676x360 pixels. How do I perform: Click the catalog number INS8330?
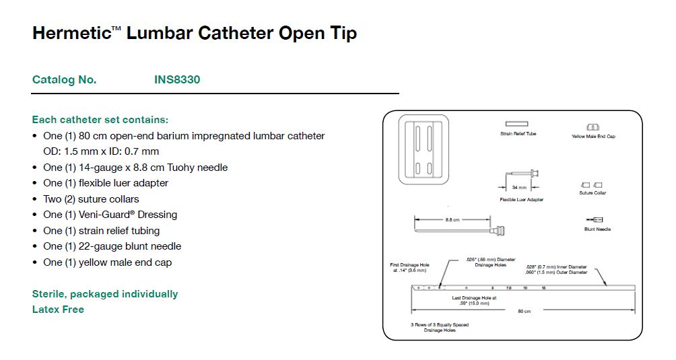tap(177, 79)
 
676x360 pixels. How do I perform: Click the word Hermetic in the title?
tap(70, 33)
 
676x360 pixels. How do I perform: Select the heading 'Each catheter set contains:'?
tap(100, 120)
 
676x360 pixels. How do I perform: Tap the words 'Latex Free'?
tap(58, 310)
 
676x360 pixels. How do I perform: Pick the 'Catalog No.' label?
tap(64, 79)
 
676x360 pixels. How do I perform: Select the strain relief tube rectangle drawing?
tap(517, 124)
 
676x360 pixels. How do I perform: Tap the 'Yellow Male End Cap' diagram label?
tap(593, 137)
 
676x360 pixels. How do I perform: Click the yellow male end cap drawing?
tap(593, 127)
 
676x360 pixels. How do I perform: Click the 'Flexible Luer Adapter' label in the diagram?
tap(521, 200)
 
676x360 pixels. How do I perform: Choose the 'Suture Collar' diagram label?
tap(593, 193)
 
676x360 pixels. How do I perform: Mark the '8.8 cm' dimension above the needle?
tap(452, 219)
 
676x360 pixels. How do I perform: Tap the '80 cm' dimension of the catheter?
tap(524, 311)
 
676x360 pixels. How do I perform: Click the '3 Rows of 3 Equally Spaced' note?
tap(440, 325)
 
